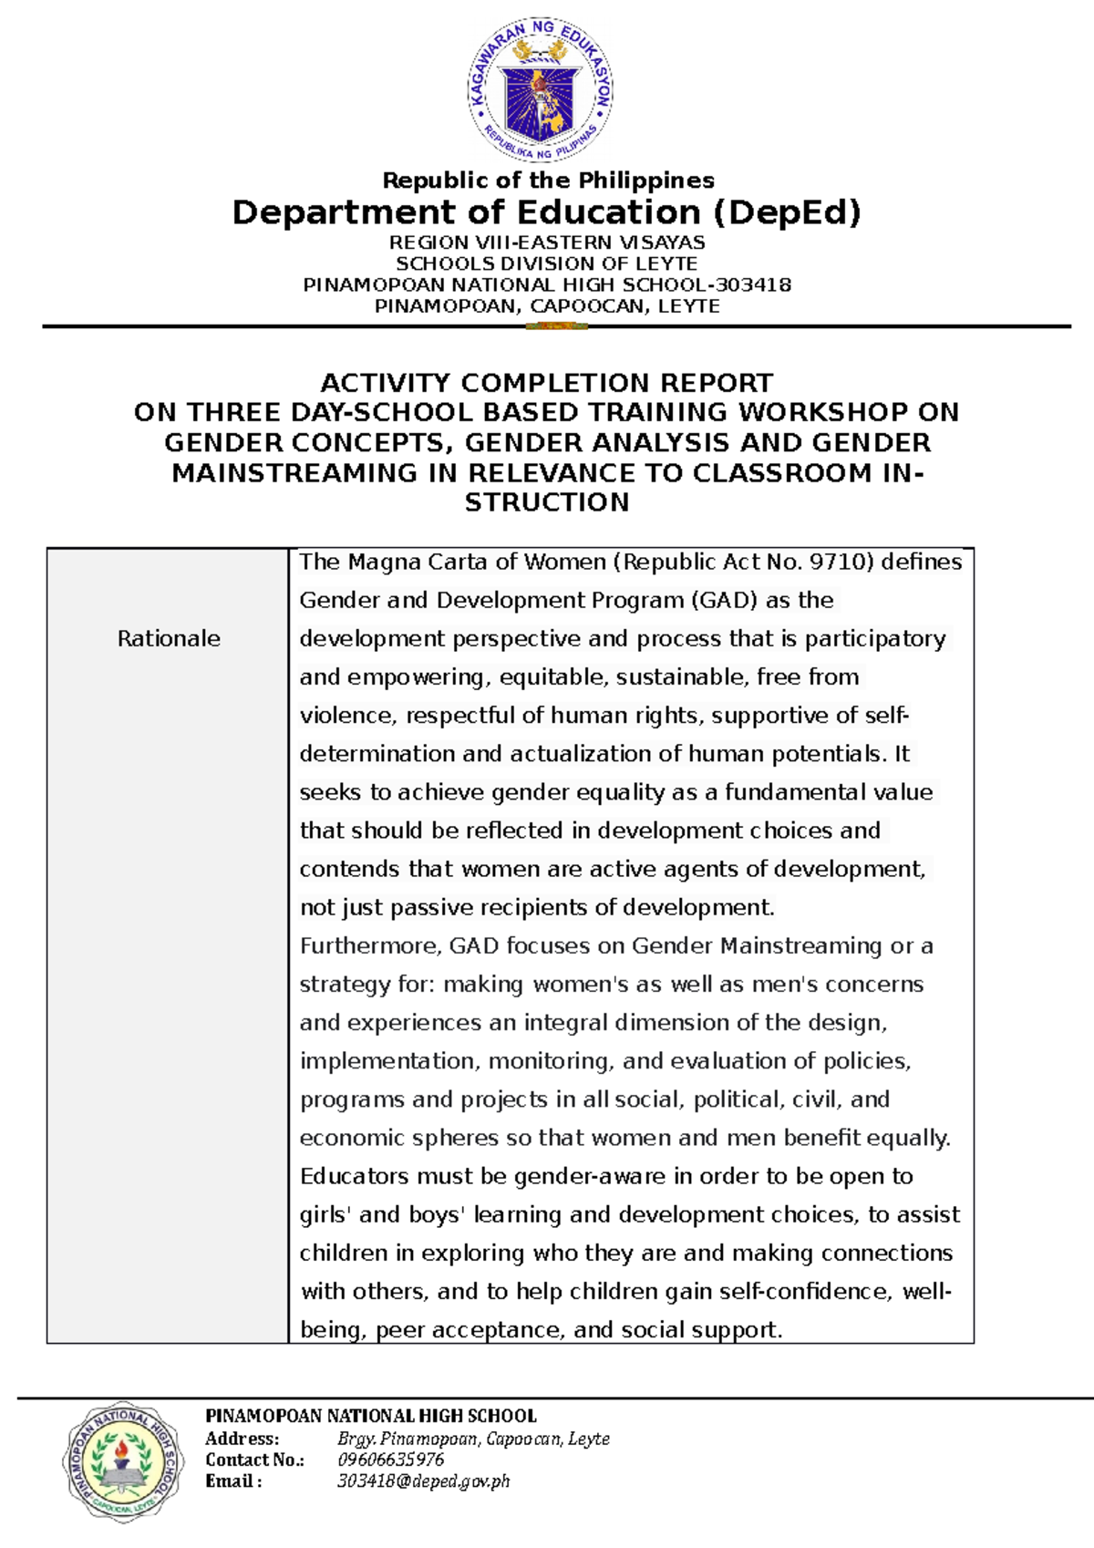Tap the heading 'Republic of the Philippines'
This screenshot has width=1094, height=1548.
pyautogui.click(x=548, y=181)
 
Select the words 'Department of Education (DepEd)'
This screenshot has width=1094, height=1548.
pyautogui.click(x=546, y=212)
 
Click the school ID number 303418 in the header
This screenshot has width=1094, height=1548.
pyautogui.click(x=754, y=284)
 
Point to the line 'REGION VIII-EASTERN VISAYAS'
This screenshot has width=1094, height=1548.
pyautogui.click(x=547, y=243)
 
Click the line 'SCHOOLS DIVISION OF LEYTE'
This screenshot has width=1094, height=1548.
pyautogui.click(x=547, y=263)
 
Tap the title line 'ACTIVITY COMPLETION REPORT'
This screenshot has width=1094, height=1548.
pyautogui.click(x=546, y=382)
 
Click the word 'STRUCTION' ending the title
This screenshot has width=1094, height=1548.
pyautogui.click(x=547, y=502)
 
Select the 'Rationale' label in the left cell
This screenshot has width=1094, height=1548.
pyautogui.click(x=169, y=638)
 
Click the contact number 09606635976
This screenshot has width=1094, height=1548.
pyautogui.click(x=390, y=1460)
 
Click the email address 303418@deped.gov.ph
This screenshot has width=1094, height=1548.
pyautogui.click(x=423, y=1481)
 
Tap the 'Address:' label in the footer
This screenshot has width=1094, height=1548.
pyautogui.click(x=242, y=1439)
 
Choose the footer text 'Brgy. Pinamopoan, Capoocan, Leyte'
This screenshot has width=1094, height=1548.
pyautogui.click(x=472, y=1439)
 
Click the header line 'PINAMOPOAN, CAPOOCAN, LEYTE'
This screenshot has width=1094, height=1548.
pyautogui.click(x=547, y=306)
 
